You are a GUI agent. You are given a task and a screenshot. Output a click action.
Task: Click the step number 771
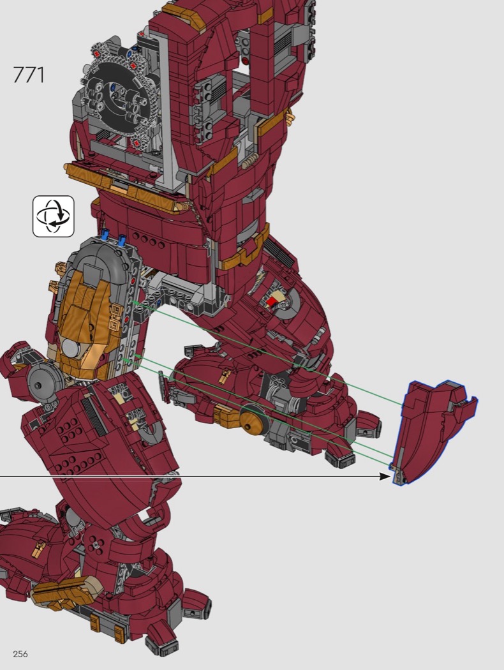(29, 75)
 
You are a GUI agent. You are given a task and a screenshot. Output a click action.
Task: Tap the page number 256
(20, 654)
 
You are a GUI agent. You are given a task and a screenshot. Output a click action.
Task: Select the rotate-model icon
(54, 216)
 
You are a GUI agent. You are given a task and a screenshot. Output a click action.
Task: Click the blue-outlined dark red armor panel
(431, 431)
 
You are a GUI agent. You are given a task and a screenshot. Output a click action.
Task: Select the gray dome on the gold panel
(70, 346)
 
